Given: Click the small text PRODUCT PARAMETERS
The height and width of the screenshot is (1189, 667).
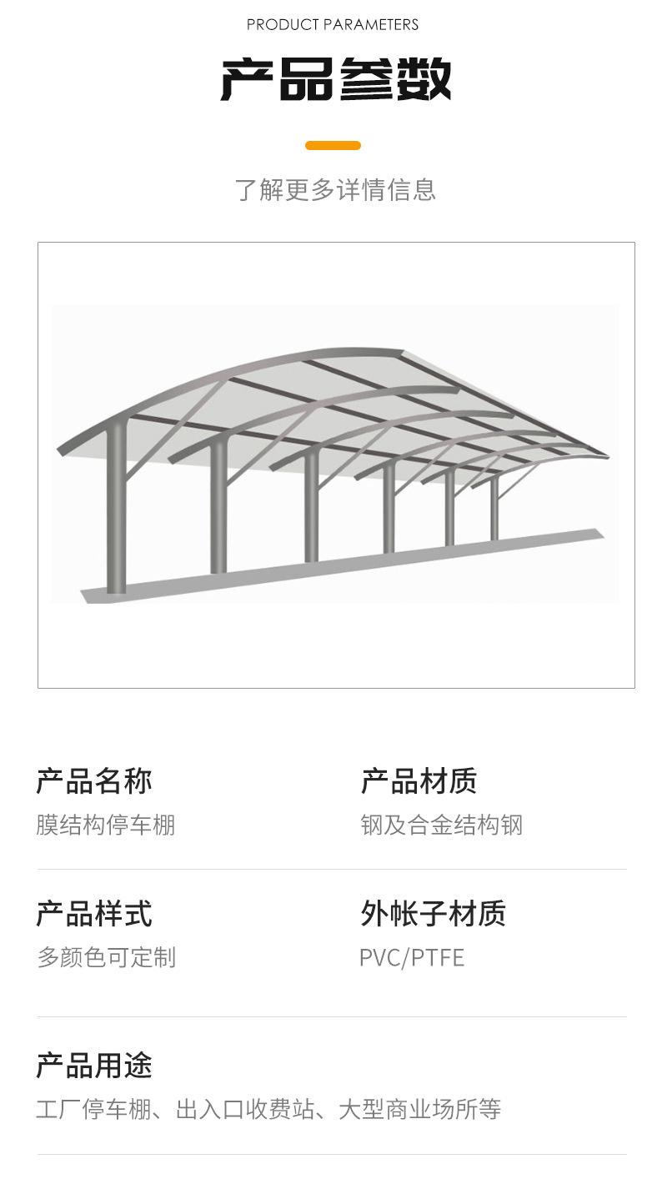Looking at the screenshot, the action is [x=333, y=25].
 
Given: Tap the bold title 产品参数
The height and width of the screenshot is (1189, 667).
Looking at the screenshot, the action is [x=335, y=80].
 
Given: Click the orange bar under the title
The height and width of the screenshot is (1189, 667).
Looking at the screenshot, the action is [x=333, y=146].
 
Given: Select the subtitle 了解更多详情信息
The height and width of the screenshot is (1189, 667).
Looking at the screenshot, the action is [x=335, y=190].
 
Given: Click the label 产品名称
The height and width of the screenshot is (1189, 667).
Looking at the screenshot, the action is [x=94, y=781].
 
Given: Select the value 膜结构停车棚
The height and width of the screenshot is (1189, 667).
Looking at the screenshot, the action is [x=106, y=825].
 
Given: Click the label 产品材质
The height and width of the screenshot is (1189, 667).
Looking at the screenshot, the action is [x=419, y=781].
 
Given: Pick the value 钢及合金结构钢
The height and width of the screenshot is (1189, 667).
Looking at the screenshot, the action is [x=441, y=825].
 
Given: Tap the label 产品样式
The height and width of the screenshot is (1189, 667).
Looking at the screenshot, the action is [x=94, y=914].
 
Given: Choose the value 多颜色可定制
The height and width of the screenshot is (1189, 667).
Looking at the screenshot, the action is [x=106, y=957].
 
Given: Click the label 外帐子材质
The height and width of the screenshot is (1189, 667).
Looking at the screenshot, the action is [x=433, y=914].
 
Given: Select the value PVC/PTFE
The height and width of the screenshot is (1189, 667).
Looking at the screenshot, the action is [x=412, y=957].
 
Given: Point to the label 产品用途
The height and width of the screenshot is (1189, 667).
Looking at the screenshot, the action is [x=94, y=1066].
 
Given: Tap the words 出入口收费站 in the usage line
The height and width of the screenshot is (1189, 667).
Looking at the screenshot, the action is [x=245, y=1110].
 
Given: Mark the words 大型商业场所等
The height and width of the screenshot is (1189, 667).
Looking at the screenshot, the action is [x=419, y=1110].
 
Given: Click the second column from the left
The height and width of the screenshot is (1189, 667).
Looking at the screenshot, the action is [x=218, y=509].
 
